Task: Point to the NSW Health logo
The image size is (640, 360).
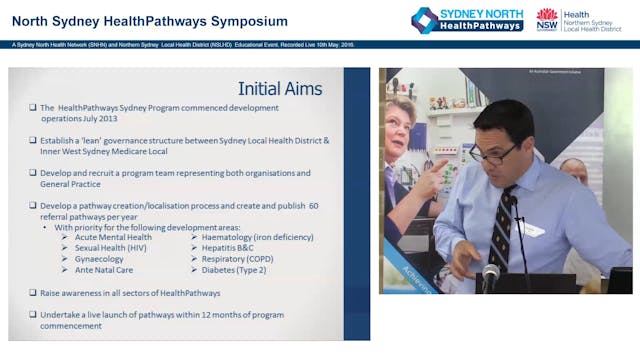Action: [x=547, y=19]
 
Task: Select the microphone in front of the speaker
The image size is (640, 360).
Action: [x=491, y=273]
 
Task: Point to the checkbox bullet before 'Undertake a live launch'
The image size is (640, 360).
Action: [x=32, y=314]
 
